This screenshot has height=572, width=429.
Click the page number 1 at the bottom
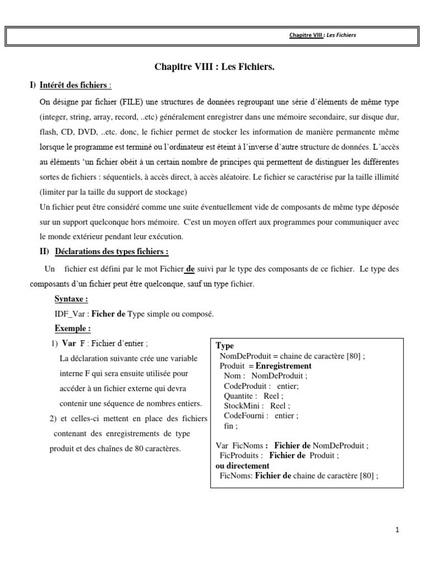(x=397, y=531)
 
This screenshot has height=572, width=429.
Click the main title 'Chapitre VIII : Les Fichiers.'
(x=214, y=68)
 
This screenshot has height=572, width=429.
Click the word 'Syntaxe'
(x=71, y=299)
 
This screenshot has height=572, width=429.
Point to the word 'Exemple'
(x=73, y=328)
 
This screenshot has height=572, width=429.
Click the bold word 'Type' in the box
(x=225, y=346)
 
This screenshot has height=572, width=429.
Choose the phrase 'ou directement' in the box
(x=242, y=465)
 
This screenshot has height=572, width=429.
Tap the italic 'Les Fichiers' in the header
(x=342, y=35)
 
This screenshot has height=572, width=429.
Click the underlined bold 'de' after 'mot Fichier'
(x=190, y=269)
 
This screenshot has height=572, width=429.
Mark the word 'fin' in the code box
(x=228, y=426)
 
